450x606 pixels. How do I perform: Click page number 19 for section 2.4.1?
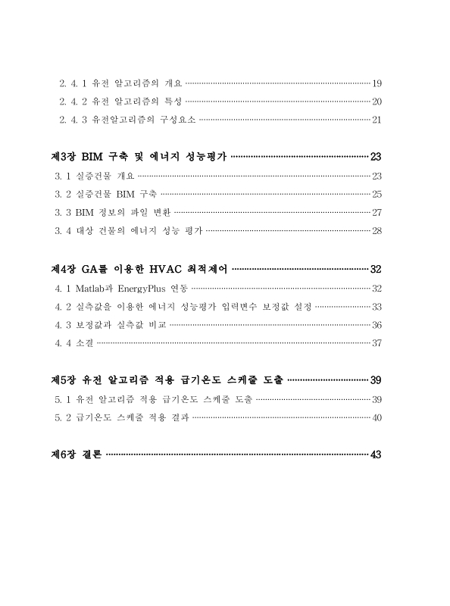[377, 82]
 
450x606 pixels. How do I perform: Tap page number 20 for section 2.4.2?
[377, 101]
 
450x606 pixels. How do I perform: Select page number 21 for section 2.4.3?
[377, 120]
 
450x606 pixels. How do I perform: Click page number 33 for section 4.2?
[377, 306]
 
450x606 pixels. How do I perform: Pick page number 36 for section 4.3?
[377, 325]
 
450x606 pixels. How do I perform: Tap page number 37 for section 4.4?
[377, 343]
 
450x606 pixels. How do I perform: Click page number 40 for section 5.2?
[377, 417]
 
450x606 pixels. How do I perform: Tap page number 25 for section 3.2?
[377, 194]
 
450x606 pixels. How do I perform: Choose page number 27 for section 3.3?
[377, 212]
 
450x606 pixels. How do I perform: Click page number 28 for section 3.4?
[377, 231]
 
